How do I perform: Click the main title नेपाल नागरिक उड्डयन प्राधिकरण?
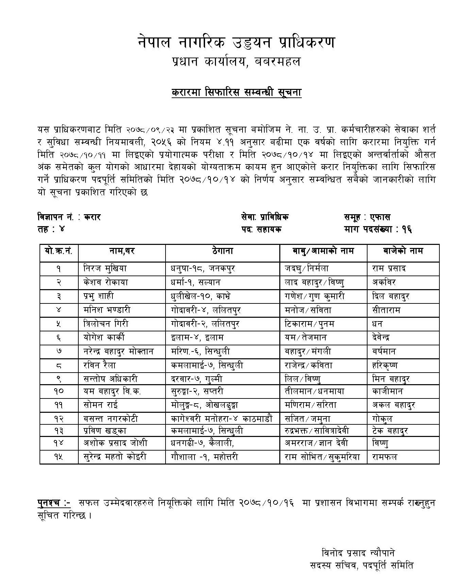[x=236, y=43]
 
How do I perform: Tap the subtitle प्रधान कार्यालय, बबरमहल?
[x=236, y=62]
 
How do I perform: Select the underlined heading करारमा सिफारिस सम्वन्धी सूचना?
[x=236, y=92]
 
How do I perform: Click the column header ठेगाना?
[x=222, y=251]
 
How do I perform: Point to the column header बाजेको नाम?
[x=403, y=251]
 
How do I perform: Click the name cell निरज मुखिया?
[x=105, y=268]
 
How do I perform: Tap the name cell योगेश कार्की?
[x=104, y=338]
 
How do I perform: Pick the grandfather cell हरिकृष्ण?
[x=385, y=365]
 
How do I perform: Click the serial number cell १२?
[x=59, y=419]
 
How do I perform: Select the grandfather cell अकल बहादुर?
[x=394, y=405]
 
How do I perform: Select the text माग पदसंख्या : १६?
[x=378, y=230]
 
